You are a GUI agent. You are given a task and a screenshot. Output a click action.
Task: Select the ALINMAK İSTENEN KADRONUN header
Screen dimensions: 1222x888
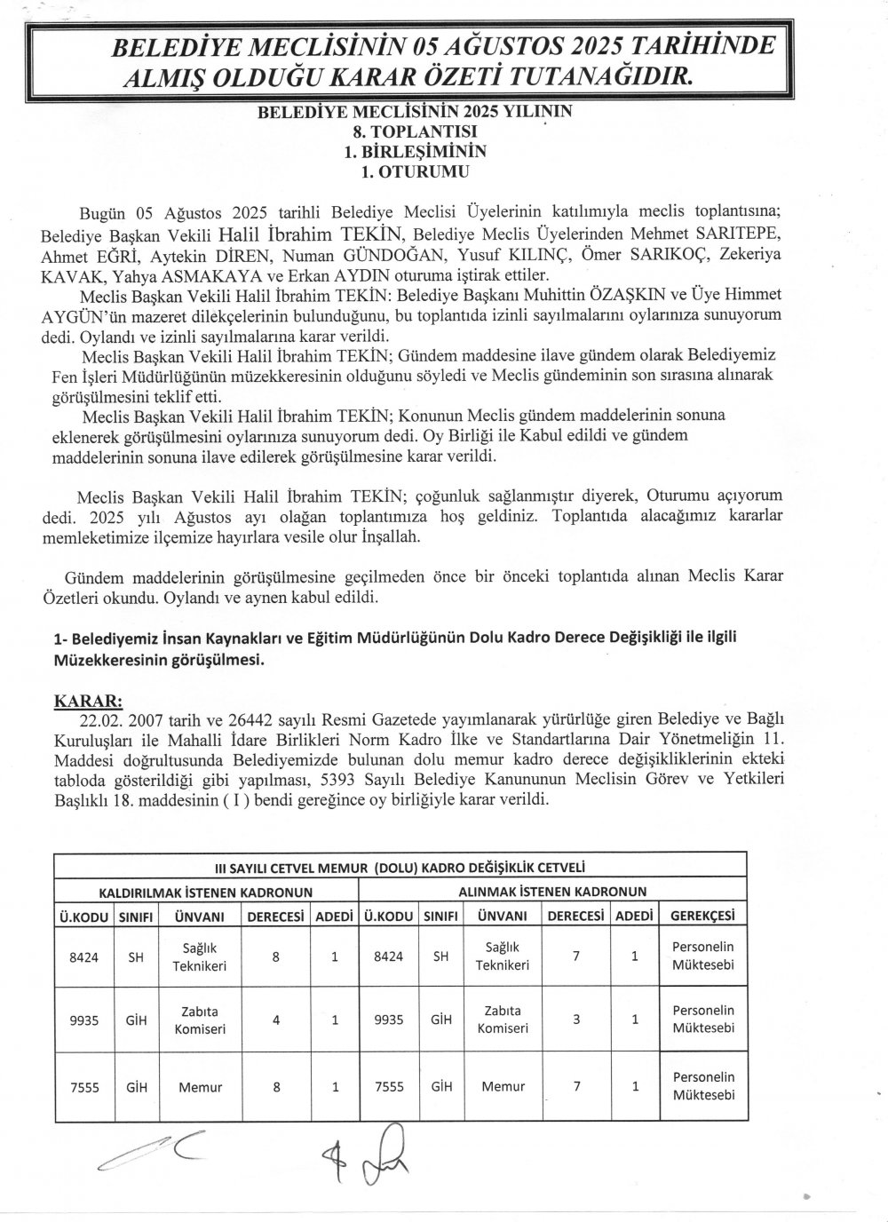pyautogui.click(x=551, y=891)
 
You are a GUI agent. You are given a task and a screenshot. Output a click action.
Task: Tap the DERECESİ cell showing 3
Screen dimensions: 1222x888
pyautogui.click(x=576, y=1020)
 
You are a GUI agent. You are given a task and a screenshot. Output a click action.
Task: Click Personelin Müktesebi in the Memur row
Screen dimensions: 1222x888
pyautogui.click(x=703, y=1086)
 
